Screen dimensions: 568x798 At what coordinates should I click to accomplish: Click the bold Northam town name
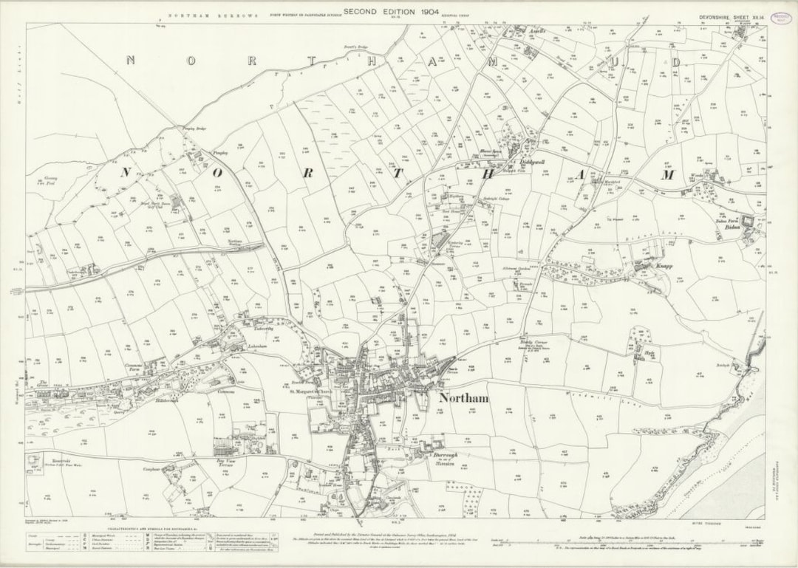point(463,398)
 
